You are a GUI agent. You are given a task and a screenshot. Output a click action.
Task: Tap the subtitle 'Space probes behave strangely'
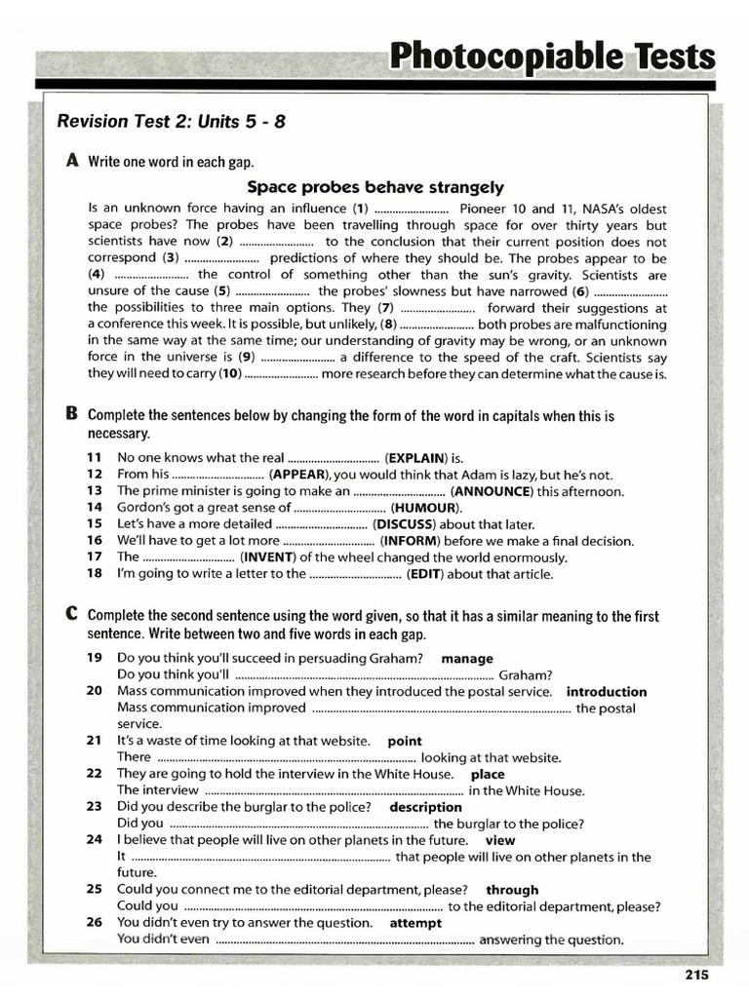point(374,186)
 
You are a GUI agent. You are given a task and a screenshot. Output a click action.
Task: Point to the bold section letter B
point(71,413)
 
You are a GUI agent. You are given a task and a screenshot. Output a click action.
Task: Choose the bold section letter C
point(71,615)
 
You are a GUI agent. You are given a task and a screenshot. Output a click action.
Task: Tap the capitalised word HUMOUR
point(425,508)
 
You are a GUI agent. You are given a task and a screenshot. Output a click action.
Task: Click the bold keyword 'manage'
point(467,659)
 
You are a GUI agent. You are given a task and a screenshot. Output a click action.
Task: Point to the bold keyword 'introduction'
point(606,692)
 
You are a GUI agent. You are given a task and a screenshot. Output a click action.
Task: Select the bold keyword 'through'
point(512,890)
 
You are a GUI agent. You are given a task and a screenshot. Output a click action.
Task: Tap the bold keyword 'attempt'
point(415,923)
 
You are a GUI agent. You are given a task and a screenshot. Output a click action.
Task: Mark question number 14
point(94,508)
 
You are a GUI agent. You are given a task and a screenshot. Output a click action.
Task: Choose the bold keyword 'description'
point(425,807)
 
